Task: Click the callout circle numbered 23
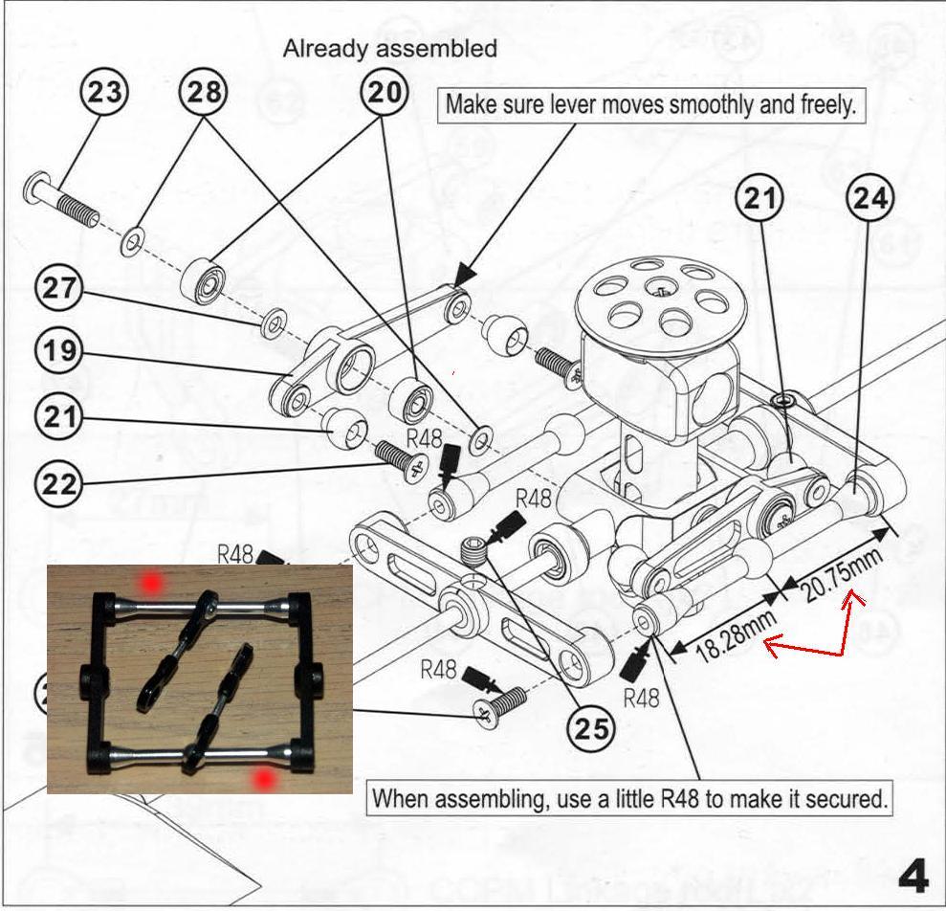(105, 93)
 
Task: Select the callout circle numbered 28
(204, 93)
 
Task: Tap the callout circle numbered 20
(385, 93)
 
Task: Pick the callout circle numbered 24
(870, 198)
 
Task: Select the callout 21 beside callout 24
(759, 198)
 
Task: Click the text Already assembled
(389, 49)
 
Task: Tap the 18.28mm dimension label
(723, 637)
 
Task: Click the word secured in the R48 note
(844, 798)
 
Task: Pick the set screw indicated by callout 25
(473, 550)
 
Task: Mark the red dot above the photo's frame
(148, 581)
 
